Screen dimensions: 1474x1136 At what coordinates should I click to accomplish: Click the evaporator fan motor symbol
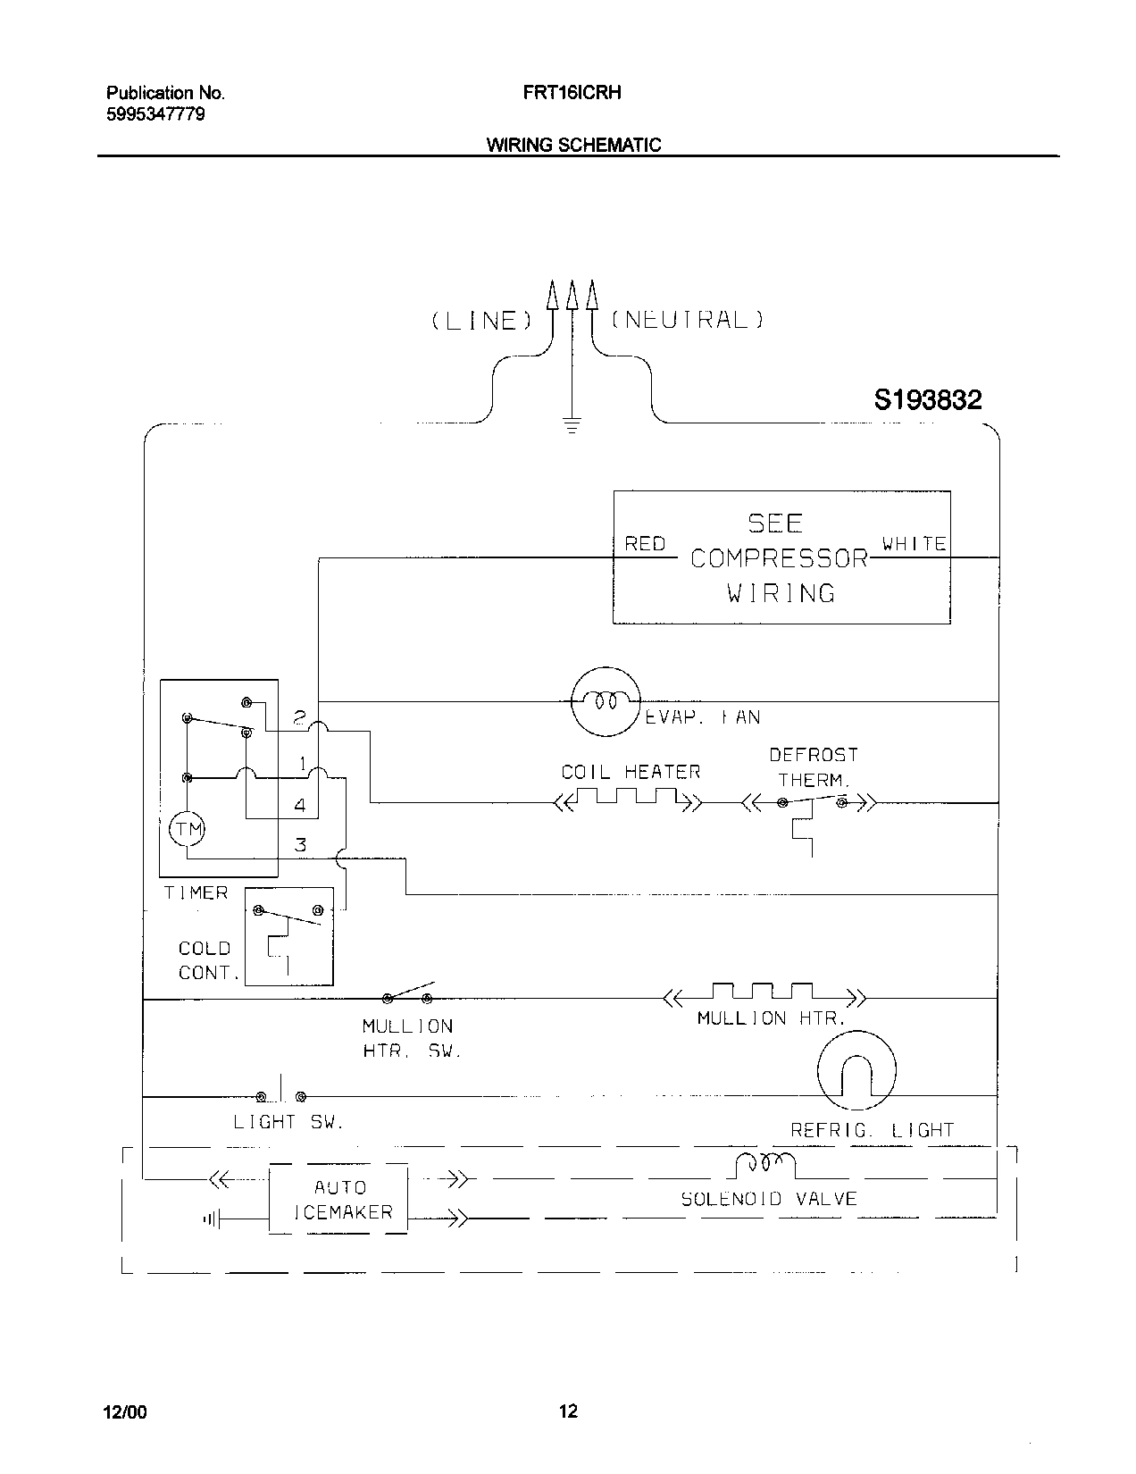[x=606, y=701]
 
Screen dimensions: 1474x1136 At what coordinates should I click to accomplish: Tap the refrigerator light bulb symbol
[x=856, y=1069]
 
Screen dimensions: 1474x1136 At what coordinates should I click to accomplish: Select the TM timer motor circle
[x=187, y=829]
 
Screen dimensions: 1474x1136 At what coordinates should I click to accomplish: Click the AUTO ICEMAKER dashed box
[x=338, y=1199]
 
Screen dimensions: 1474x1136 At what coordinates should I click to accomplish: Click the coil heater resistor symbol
[x=628, y=797]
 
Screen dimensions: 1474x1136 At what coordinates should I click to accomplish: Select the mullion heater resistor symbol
[x=764, y=992]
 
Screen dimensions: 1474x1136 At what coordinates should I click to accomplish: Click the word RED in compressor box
[x=645, y=543]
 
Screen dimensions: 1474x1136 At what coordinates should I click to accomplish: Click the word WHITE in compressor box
[x=914, y=543]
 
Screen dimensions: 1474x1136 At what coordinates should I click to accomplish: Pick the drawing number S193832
[x=927, y=399]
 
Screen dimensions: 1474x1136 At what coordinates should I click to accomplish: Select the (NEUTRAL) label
[x=687, y=320]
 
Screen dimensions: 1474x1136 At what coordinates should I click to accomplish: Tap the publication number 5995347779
[x=155, y=114]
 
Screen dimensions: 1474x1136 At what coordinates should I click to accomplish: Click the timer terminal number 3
[x=301, y=844]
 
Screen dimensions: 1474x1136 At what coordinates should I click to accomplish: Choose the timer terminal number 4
[x=300, y=806]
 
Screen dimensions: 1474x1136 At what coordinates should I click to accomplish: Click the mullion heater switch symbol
[x=407, y=994]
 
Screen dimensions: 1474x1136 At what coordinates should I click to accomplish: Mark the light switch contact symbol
[x=281, y=1094]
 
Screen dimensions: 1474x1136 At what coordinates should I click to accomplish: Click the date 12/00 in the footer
[x=124, y=1411]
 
